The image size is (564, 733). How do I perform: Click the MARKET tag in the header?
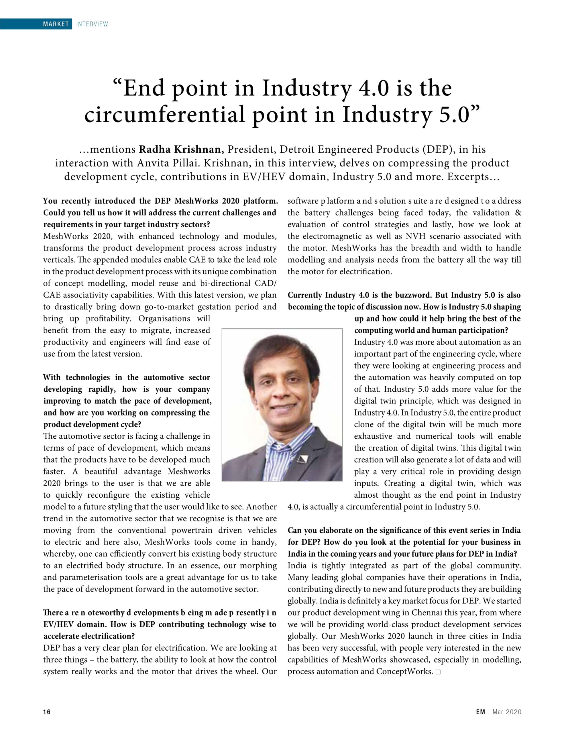click(x=56, y=24)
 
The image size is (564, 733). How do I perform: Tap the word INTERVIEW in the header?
click(x=92, y=24)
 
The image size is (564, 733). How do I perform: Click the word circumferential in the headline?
click(x=164, y=115)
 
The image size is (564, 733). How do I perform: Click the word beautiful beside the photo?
click(x=101, y=472)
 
